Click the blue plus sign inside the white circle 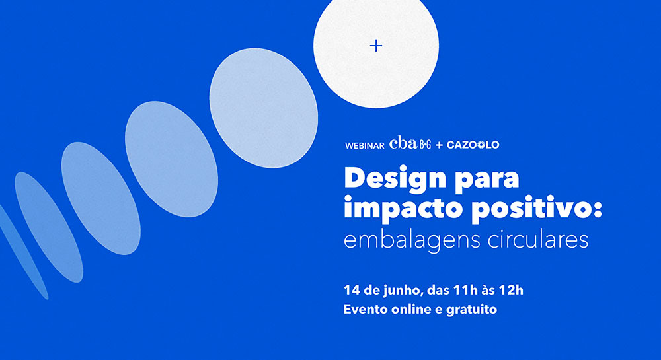(x=375, y=46)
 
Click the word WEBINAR (x=365, y=146)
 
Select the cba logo (x=403, y=143)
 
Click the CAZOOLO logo (x=473, y=145)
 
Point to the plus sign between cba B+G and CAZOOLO (x=440, y=145)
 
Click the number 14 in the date (x=350, y=290)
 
